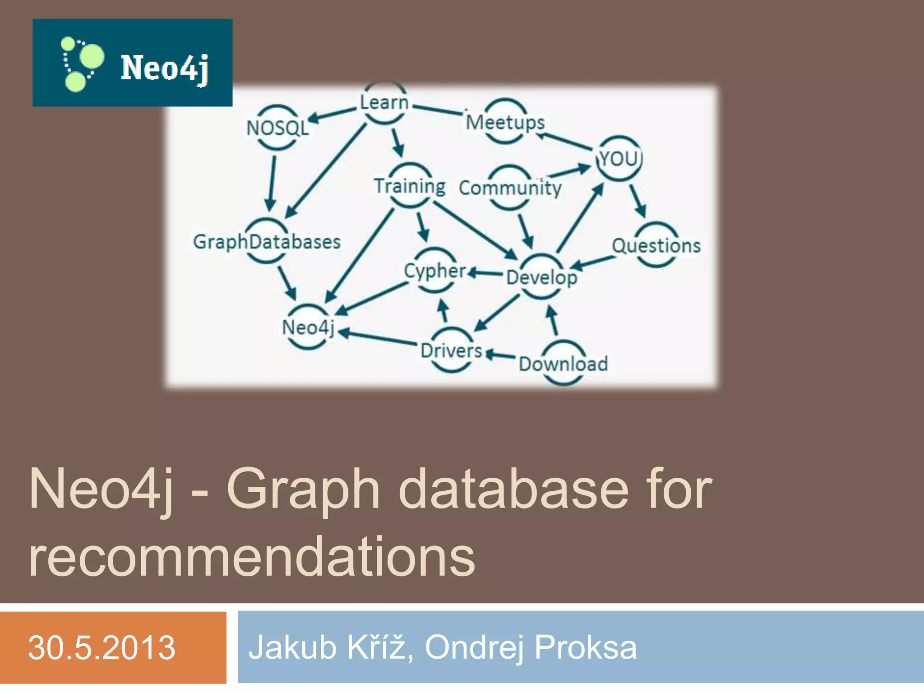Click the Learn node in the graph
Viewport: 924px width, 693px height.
coord(384,103)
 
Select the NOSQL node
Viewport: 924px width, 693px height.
coord(277,128)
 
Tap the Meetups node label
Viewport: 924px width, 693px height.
coord(505,122)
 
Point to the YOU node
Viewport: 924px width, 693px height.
coord(619,158)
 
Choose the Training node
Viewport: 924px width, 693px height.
coord(410,186)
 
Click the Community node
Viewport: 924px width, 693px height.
coord(510,188)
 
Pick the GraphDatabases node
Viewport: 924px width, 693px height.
coord(267,242)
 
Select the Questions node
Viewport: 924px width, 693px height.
coord(656,246)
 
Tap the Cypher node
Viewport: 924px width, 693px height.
coord(435,271)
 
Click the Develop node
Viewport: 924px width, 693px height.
coord(541,277)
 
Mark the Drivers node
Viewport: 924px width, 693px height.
coord(452,351)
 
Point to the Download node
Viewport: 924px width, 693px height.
coord(563,364)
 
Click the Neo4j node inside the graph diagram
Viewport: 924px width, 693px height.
coord(308,328)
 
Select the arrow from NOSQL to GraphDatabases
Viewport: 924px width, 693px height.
coord(272,183)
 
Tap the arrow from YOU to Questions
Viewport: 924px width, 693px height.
coord(638,201)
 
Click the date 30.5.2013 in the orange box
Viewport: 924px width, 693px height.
coord(102,648)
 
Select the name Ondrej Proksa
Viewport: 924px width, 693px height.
coord(531,648)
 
